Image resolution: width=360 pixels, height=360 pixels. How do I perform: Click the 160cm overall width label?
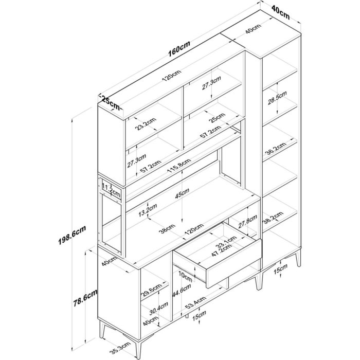coord(179,49)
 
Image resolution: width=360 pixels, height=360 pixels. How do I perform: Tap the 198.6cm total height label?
coord(72,235)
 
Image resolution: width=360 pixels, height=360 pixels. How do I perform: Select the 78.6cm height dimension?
coord(85,298)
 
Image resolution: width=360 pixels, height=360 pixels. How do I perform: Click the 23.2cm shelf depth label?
coord(146,124)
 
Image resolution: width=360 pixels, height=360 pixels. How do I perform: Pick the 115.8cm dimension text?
coord(179,166)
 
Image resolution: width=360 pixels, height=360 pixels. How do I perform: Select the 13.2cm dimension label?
coord(148,210)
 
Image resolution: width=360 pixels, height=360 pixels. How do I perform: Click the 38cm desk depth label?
coord(168,229)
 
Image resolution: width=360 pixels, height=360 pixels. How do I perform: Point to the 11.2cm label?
coord(111,190)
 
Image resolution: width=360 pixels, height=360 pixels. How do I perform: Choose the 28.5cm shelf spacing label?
coord(277,98)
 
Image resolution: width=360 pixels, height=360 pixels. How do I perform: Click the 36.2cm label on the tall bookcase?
coord(276,149)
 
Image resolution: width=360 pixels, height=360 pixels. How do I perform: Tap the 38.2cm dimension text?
coord(273,218)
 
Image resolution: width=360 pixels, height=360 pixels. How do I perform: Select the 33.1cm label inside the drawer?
coord(226,242)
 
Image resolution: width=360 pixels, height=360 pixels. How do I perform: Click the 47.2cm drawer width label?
coord(221,249)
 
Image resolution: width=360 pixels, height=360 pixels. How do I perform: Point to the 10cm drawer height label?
coord(185,276)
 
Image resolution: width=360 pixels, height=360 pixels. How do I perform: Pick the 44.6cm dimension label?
coord(182,291)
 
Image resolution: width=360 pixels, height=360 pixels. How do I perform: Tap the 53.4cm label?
coord(195,303)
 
